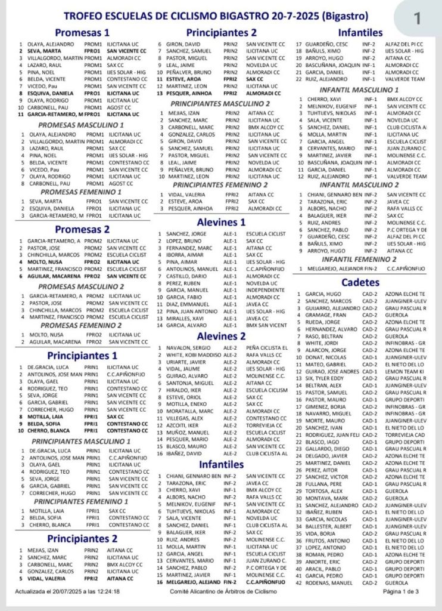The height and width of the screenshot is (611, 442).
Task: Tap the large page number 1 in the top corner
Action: (x=416, y=18)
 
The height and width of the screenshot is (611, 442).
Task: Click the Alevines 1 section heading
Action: (x=221, y=222)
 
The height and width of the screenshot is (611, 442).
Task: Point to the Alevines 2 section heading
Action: (x=221, y=335)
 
